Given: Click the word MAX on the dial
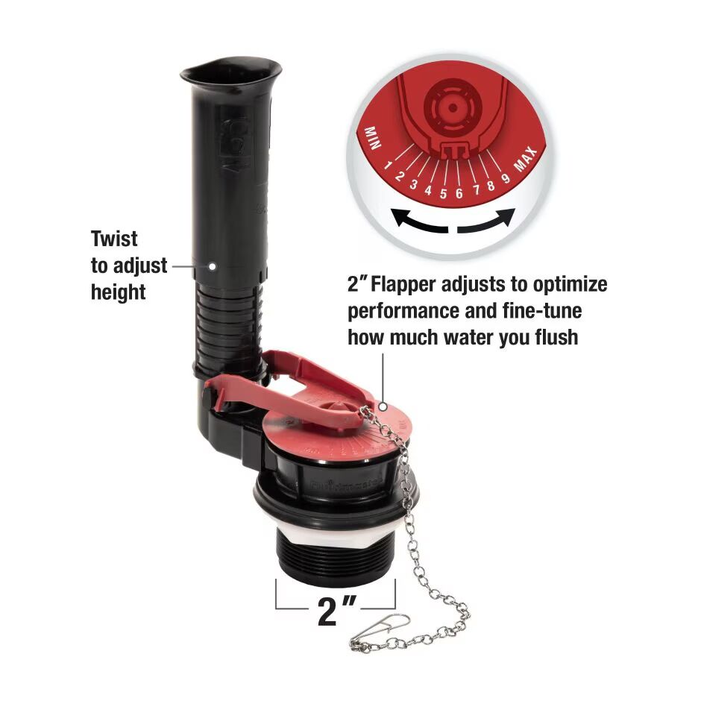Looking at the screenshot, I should point(527,158).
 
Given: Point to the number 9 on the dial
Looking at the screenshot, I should point(506,177).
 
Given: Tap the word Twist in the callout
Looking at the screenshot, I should point(114,239).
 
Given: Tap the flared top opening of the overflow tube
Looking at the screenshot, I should point(230,72).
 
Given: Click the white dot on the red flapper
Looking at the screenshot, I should point(383,406).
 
